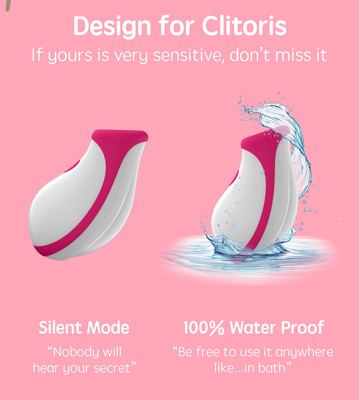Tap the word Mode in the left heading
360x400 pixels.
tap(108, 327)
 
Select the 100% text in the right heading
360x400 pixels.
tap(204, 327)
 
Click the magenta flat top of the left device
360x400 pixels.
tap(120, 136)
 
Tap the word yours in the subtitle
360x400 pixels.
tap(70, 56)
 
